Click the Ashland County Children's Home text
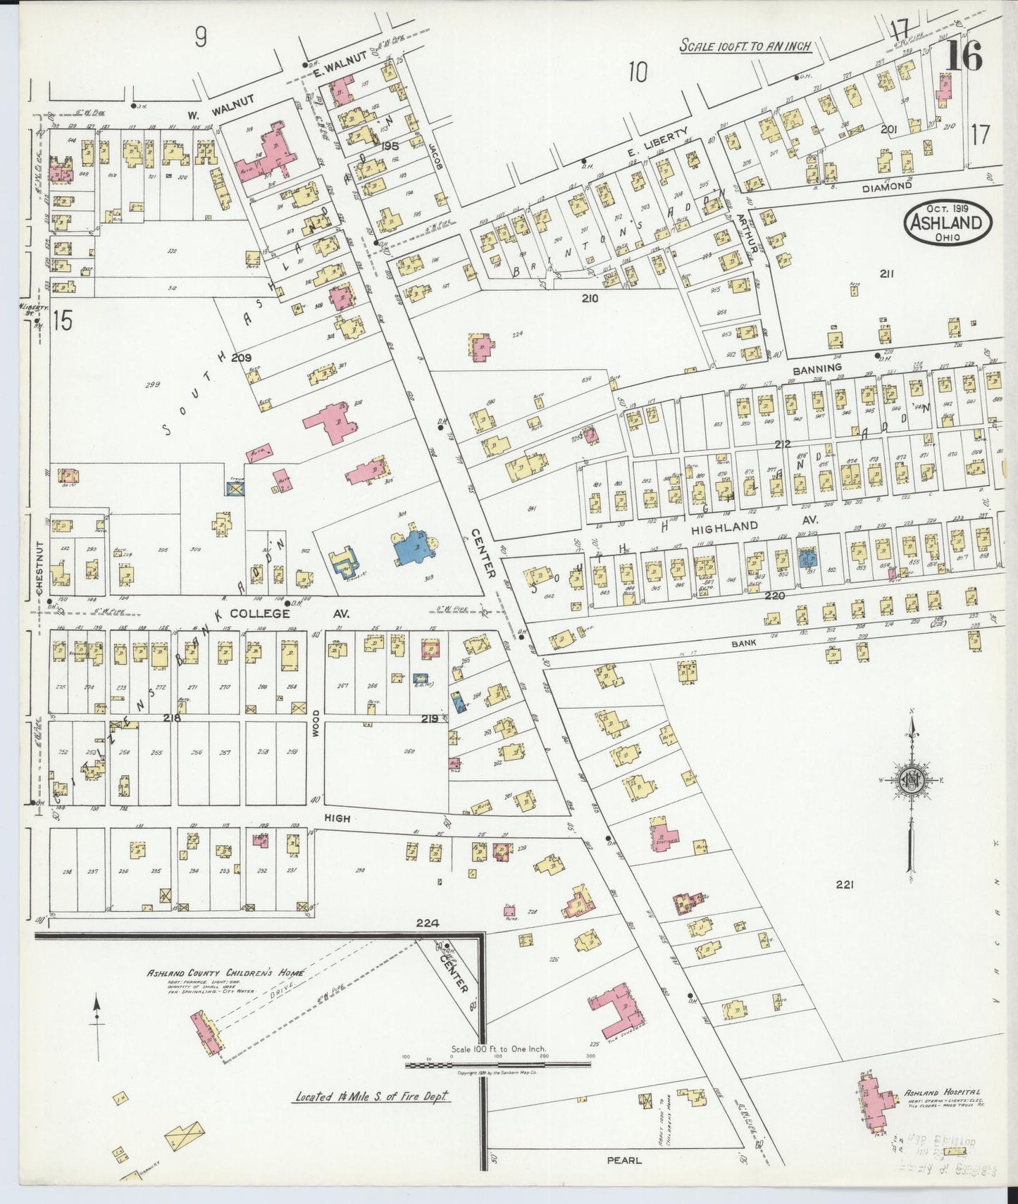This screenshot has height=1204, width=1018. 225,973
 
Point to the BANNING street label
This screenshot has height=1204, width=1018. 817,368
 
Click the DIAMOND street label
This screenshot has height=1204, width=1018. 887,187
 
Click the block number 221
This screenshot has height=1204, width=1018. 844,885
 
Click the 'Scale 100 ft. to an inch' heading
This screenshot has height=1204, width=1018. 745,46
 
